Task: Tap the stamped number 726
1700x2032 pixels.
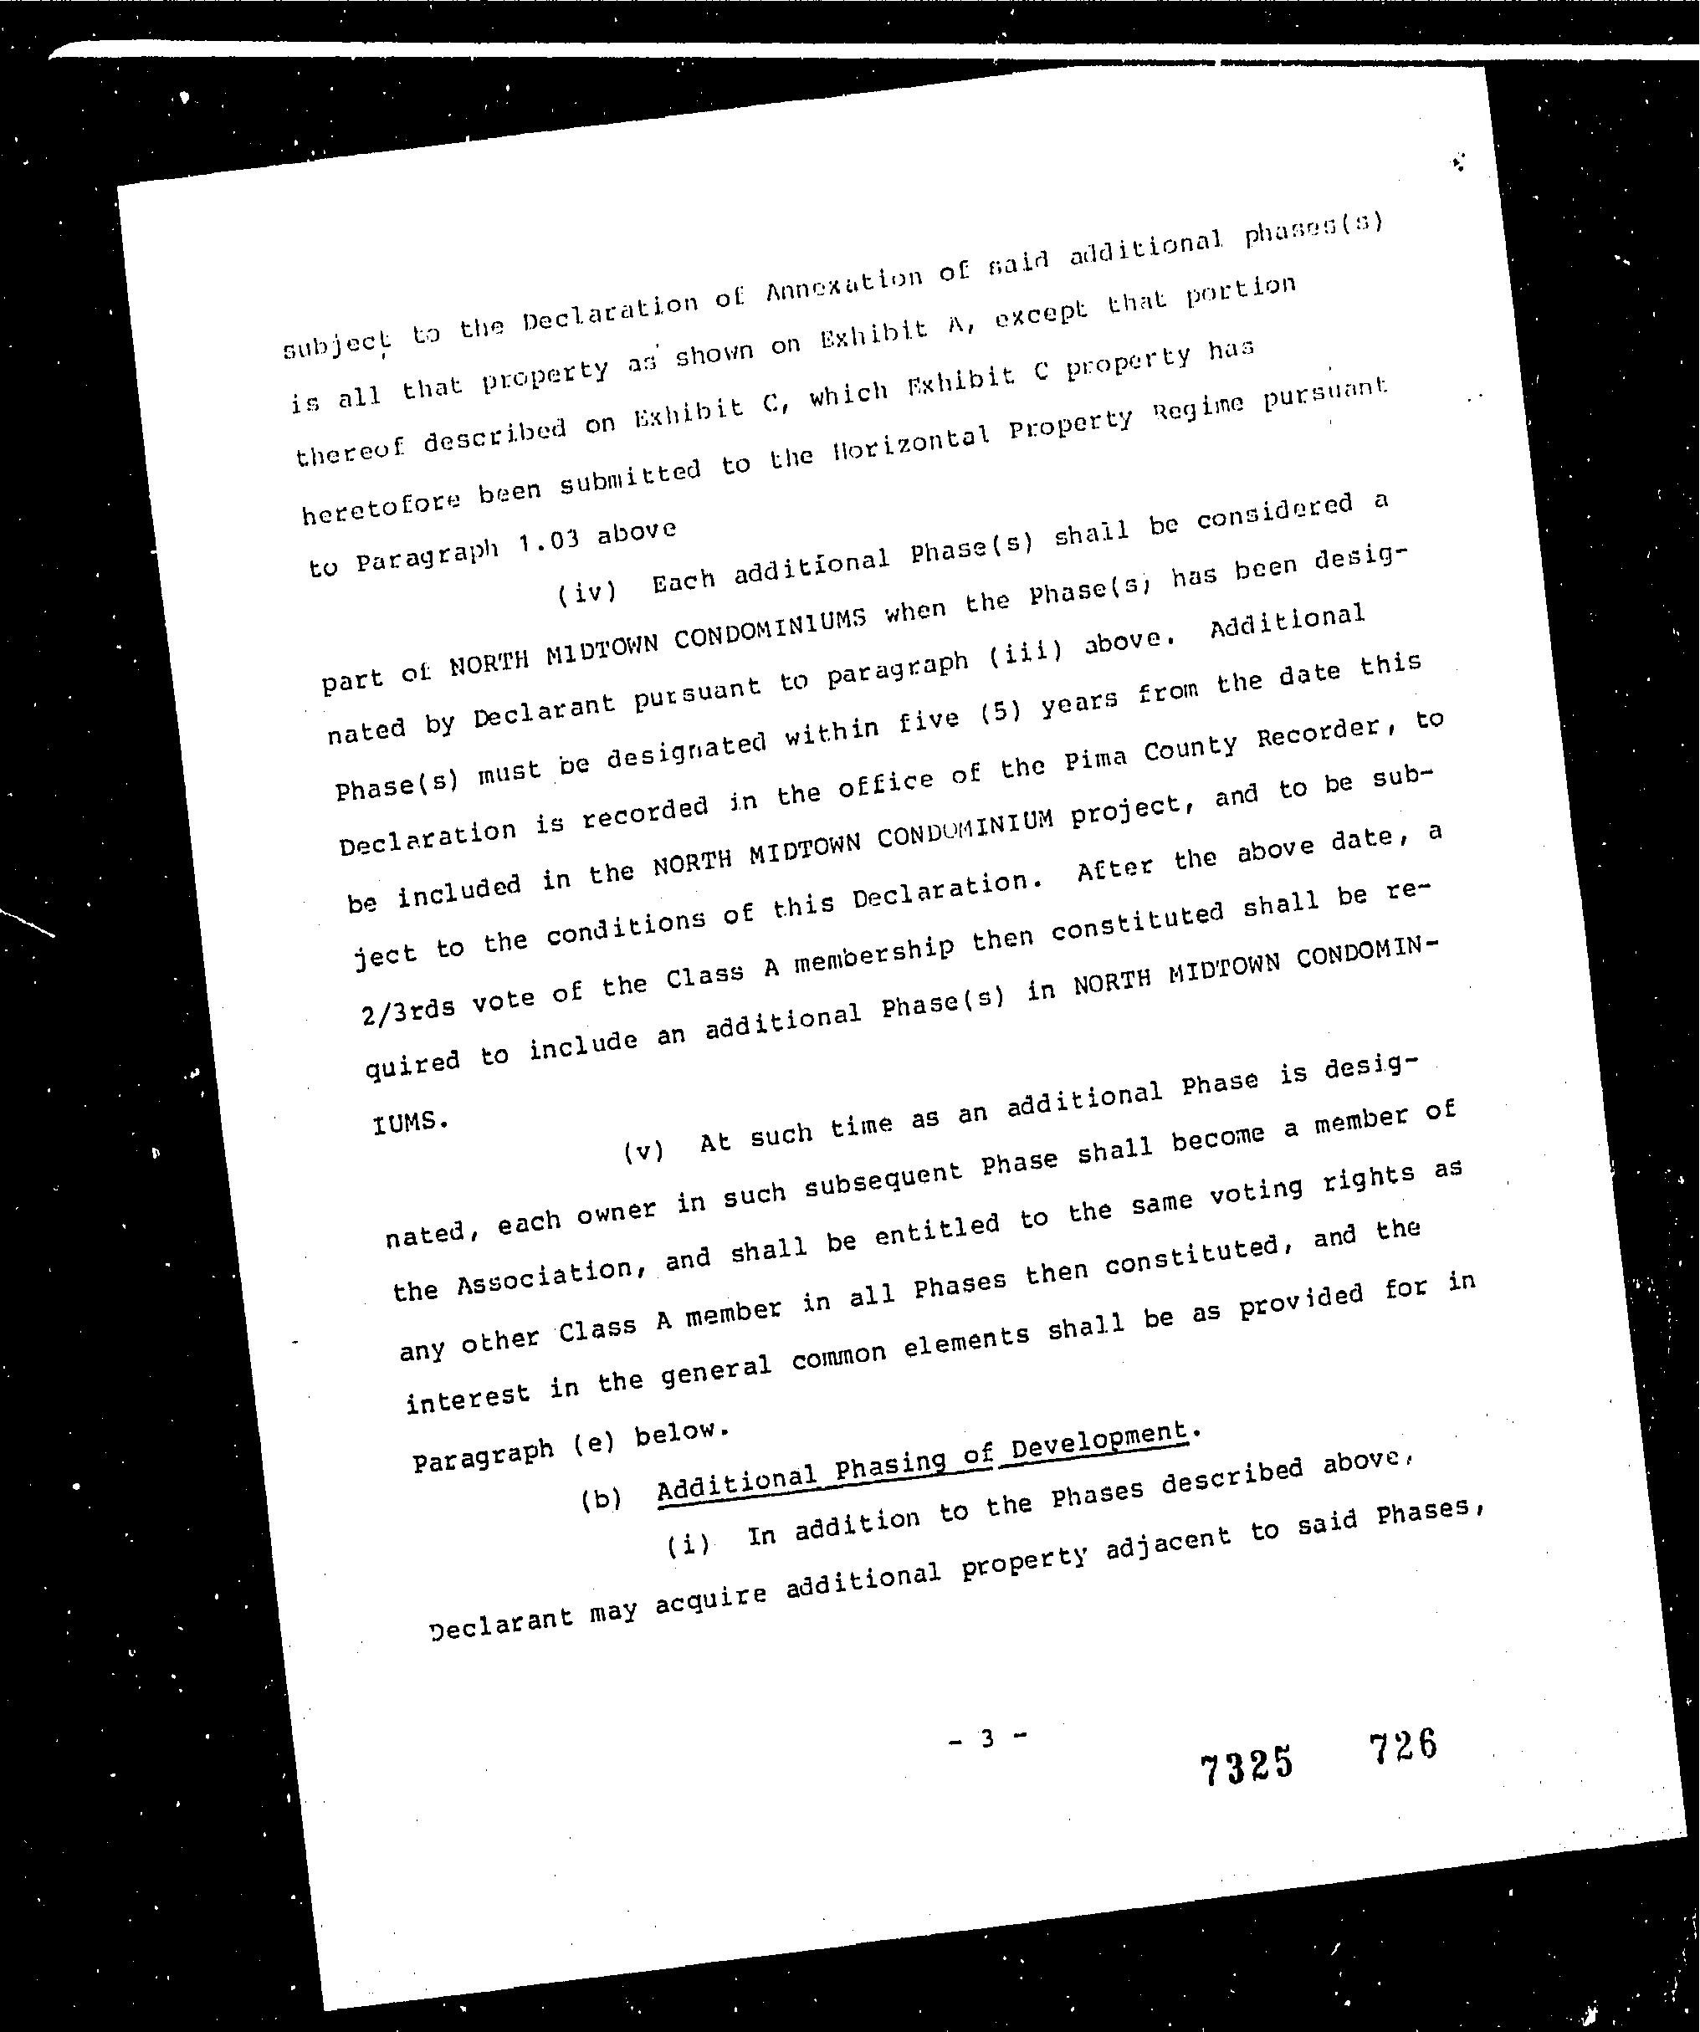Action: coord(1402,1746)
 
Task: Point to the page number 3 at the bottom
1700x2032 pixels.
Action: coord(987,1739)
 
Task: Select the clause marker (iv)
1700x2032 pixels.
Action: coord(587,591)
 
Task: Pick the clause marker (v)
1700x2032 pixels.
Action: coord(643,1150)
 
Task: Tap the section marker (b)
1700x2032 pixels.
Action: coord(601,1499)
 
